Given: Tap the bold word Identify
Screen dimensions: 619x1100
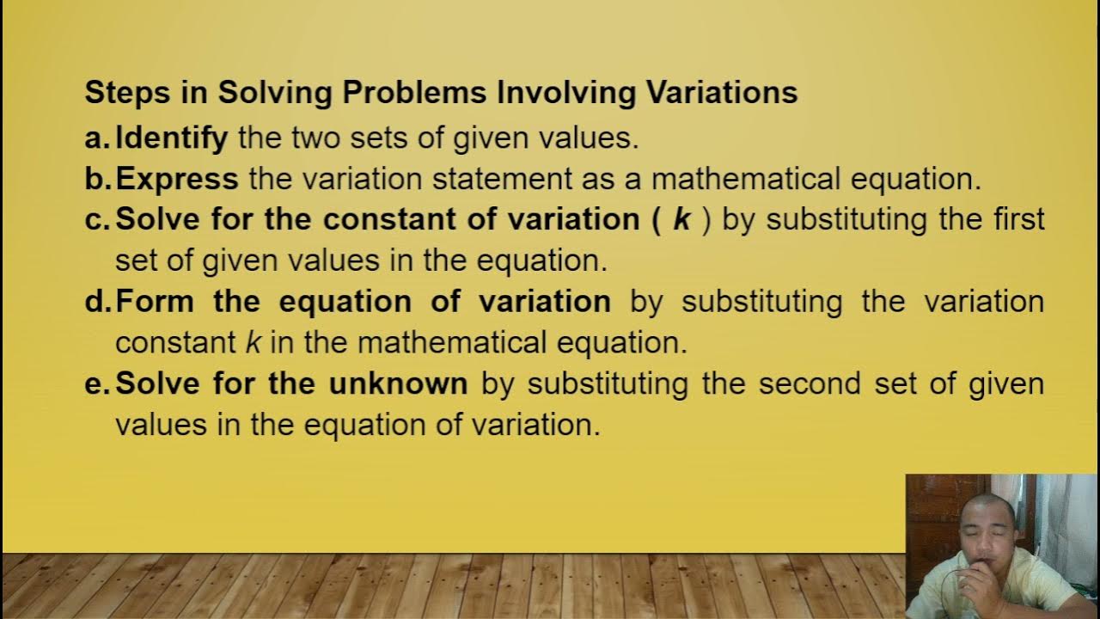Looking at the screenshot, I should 172,138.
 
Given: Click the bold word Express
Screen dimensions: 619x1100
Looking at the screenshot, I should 177,179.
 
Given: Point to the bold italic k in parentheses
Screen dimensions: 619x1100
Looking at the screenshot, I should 681,219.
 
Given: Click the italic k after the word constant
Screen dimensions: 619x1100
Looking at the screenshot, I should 253,343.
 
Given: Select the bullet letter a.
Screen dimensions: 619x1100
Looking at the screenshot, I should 95,138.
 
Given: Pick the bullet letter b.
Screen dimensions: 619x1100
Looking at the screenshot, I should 95,179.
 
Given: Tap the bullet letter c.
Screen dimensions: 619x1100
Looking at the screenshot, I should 95,220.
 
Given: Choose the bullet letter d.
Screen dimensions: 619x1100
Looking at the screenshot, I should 95,302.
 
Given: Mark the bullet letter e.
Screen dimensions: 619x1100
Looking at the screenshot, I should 95,384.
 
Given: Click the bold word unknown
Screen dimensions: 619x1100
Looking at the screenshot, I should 398,384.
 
